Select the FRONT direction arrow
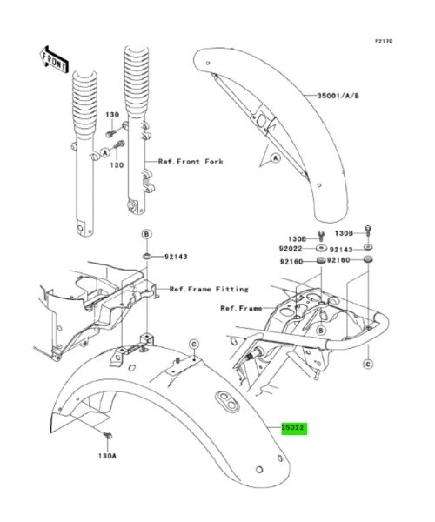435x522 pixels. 54,59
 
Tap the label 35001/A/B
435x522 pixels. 338,96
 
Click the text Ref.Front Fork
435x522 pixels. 191,162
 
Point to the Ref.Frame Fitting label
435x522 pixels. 209,289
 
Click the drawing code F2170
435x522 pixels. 384,41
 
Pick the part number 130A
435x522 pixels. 107,456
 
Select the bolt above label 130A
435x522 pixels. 108,435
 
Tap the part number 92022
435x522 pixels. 291,249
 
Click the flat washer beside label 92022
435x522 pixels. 321,248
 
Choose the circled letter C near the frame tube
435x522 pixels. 368,365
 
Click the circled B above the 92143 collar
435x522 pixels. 146,234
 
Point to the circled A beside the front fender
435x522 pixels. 275,157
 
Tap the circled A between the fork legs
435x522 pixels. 105,153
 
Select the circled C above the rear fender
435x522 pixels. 194,345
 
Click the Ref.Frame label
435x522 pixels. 241,309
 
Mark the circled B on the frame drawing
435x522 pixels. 321,331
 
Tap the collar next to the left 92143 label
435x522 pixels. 147,257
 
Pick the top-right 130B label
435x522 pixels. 344,233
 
